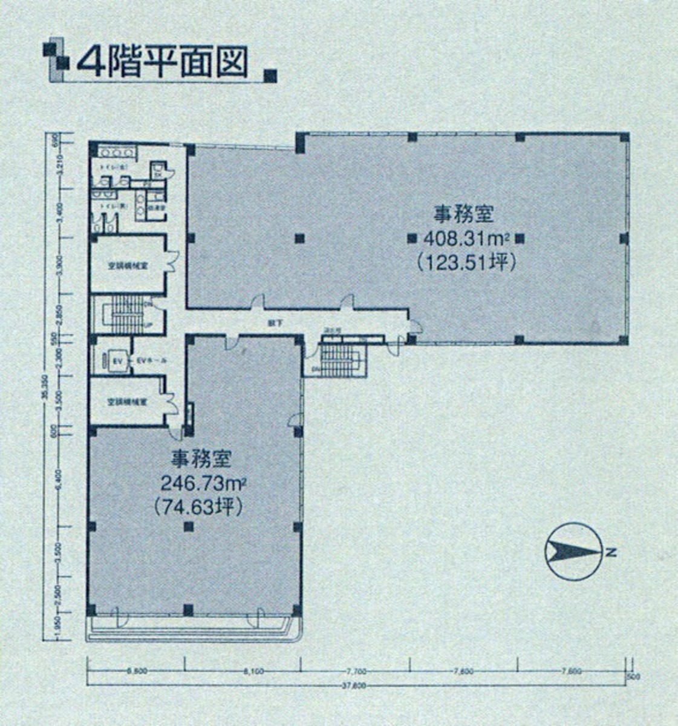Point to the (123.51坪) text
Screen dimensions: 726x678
tap(465, 262)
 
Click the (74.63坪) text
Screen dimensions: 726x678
tap(198, 506)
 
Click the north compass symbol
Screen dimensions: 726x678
tap(573, 551)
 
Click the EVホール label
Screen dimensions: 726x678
tap(149, 361)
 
